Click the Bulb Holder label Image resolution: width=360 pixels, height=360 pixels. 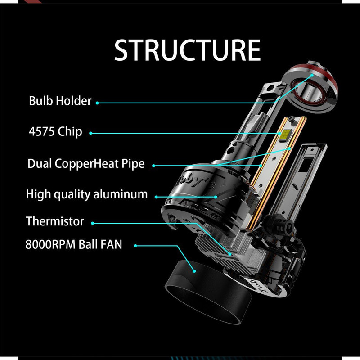coord(60,101)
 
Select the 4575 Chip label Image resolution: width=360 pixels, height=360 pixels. coord(55,132)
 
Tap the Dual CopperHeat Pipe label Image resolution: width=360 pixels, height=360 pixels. coord(86,163)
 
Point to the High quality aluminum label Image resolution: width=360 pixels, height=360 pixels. coord(87,194)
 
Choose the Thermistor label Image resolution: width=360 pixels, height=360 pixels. coord(55,221)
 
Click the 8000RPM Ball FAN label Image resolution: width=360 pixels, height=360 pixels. coord(74,245)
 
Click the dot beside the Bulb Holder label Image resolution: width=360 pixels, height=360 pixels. coord(98,103)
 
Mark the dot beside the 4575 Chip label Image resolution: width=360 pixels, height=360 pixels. coord(91,133)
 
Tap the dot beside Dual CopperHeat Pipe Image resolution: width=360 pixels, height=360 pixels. coord(153,165)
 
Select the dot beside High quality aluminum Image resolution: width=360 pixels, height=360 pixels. coord(156,196)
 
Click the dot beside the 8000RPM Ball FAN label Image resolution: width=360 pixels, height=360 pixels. coord(135,246)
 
